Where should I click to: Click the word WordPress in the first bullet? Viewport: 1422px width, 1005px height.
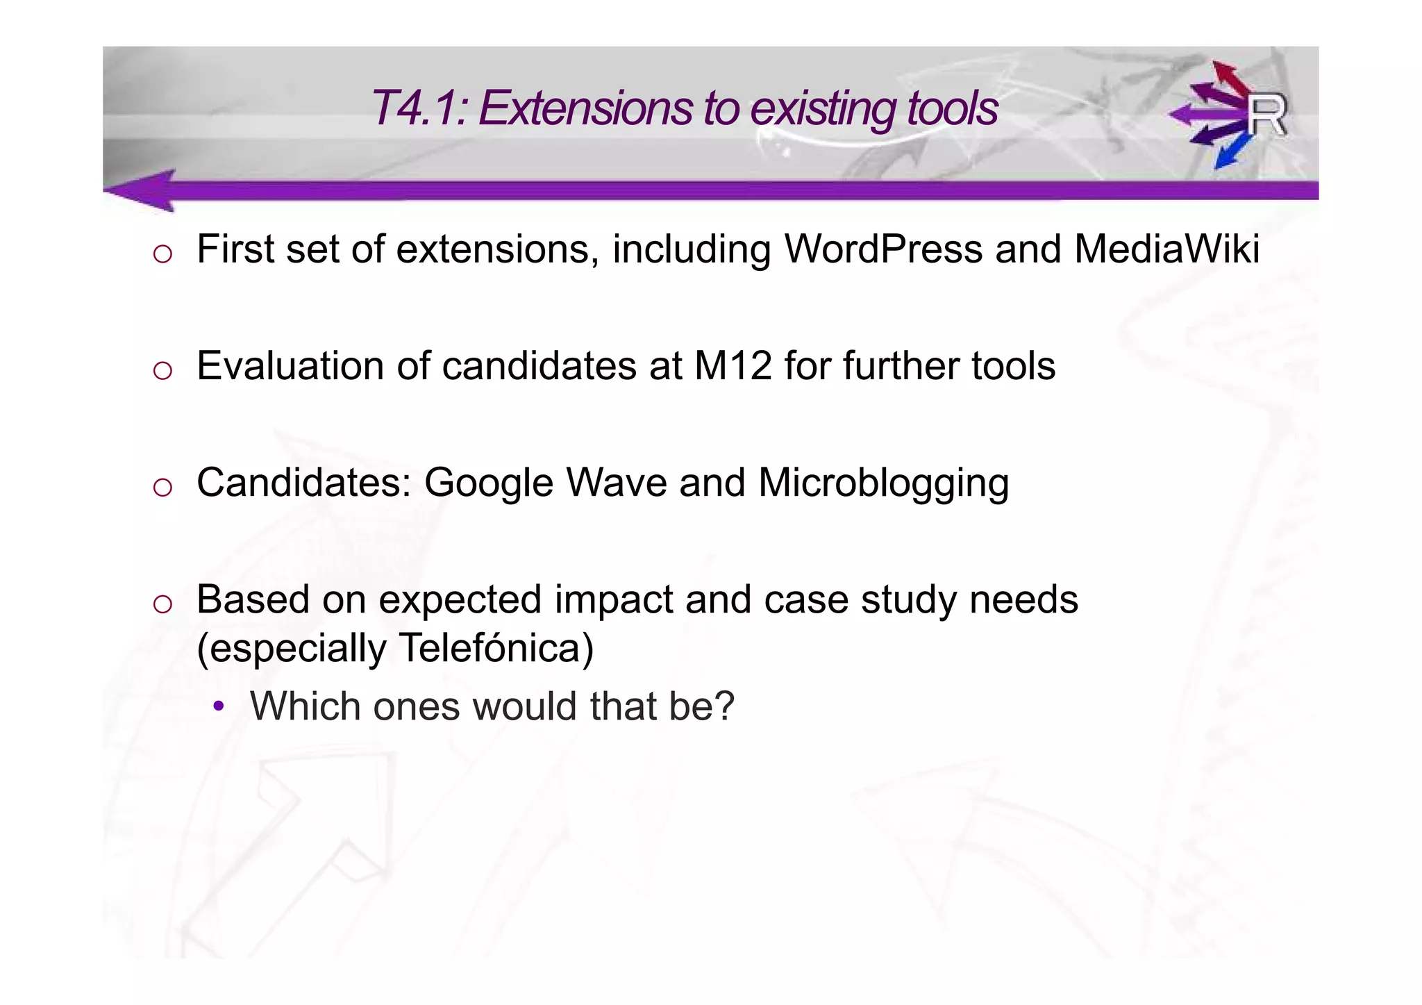[883, 249]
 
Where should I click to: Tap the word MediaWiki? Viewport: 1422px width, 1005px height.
[1166, 249]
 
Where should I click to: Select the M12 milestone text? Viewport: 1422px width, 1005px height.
[733, 366]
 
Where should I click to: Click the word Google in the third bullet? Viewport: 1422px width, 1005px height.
[488, 483]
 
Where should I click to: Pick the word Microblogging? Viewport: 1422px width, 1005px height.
[883, 483]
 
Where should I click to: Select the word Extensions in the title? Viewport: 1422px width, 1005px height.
[585, 108]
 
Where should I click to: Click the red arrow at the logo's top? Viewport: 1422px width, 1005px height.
[1229, 76]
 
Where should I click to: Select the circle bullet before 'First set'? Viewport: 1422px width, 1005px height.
[162, 254]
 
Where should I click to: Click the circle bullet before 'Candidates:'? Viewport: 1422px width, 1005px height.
[162, 488]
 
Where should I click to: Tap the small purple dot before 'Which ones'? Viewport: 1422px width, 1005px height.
[219, 707]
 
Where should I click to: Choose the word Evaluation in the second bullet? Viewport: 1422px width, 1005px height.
[290, 366]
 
